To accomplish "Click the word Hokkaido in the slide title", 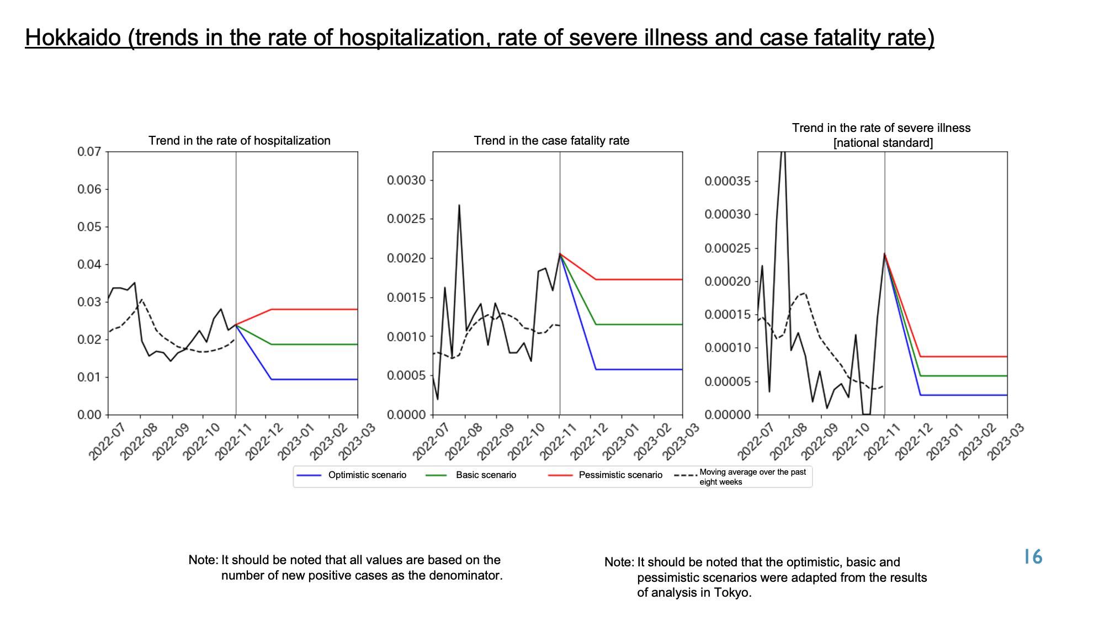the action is [x=73, y=38].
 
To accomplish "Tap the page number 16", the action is [x=1033, y=557].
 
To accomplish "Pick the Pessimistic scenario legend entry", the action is [x=605, y=475].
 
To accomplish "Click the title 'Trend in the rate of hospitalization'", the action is [x=240, y=141].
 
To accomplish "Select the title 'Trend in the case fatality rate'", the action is [x=551, y=141].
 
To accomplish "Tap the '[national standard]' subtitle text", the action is [x=883, y=143].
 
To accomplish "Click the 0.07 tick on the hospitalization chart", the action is [x=89, y=152].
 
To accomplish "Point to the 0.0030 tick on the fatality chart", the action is [x=407, y=181].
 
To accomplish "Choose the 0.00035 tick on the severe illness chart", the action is [x=728, y=181].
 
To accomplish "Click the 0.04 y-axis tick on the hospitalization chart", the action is [x=89, y=264].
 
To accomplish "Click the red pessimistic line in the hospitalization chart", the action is [x=297, y=310].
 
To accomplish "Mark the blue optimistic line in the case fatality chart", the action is [x=622, y=369].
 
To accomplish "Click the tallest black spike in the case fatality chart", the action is [x=459, y=205].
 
